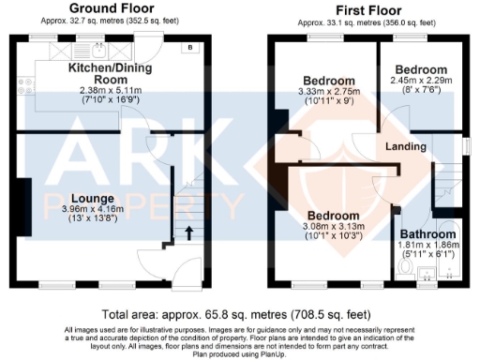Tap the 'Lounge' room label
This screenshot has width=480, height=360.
(91, 199)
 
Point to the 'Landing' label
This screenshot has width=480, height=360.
(407, 146)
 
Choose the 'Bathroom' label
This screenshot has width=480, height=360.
(428, 233)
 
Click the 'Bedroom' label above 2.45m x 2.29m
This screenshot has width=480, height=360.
(420, 70)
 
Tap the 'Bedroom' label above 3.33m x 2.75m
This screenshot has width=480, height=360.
(327, 80)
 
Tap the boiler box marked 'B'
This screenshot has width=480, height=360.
(190, 47)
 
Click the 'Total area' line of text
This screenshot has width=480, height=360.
(240, 316)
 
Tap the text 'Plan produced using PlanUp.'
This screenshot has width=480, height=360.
(240, 354)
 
